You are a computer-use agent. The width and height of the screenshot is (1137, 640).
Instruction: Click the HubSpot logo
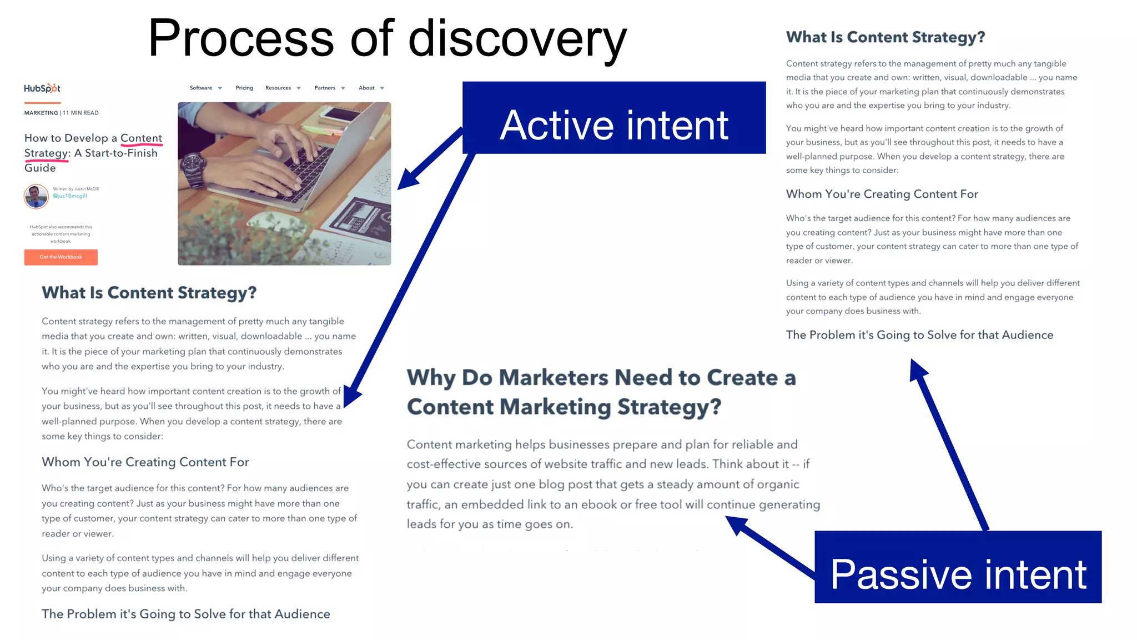(x=42, y=88)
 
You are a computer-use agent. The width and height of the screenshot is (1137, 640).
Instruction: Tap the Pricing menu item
(x=244, y=88)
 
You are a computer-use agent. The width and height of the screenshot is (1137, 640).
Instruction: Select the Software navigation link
(x=201, y=88)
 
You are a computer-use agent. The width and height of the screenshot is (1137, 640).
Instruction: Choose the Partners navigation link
(x=325, y=88)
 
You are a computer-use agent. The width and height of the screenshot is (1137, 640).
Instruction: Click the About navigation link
(x=366, y=88)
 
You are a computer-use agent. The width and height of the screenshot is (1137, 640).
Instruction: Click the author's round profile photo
(x=36, y=196)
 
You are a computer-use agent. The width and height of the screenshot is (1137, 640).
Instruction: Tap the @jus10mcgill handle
(x=70, y=196)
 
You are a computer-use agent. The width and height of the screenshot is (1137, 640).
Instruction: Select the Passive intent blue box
(x=958, y=567)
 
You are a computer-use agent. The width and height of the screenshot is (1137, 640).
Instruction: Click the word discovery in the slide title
(x=517, y=39)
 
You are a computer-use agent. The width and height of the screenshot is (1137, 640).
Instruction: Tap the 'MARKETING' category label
(x=41, y=113)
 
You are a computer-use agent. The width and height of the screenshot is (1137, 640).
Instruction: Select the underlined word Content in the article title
(x=141, y=138)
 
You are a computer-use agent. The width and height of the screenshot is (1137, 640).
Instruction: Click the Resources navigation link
(x=278, y=88)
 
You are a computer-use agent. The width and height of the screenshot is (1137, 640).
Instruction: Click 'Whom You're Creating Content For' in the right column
(x=882, y=194)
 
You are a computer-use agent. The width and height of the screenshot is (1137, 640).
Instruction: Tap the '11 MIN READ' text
(x=81, y=113)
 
